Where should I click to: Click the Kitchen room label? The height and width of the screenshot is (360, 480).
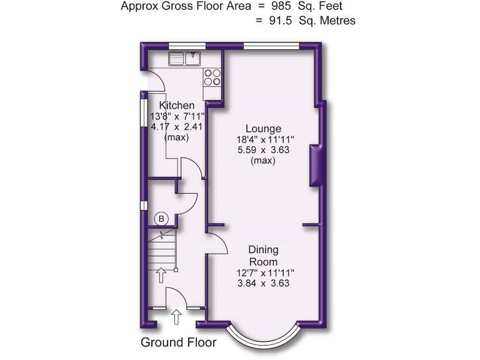tap(177, 105)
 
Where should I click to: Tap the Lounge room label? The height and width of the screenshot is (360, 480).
tap(263, 129)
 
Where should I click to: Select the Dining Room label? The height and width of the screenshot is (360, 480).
tap(263, 256)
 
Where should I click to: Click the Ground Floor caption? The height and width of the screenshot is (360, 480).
tap(179, 342)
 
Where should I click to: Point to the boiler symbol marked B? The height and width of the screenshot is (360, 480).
tap(161, 219)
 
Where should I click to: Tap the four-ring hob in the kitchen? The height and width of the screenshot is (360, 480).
tap(212, 76)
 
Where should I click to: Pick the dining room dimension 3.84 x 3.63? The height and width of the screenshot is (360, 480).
tap(263, 283)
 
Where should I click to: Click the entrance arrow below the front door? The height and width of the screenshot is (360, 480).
tap(176, 317)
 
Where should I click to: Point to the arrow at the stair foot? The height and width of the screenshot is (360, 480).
tap(161, 274)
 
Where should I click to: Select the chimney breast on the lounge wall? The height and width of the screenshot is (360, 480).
tap(316, 165)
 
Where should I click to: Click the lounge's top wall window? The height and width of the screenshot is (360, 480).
tap(271, 46)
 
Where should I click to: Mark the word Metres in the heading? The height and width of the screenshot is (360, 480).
tap(338, 21)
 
